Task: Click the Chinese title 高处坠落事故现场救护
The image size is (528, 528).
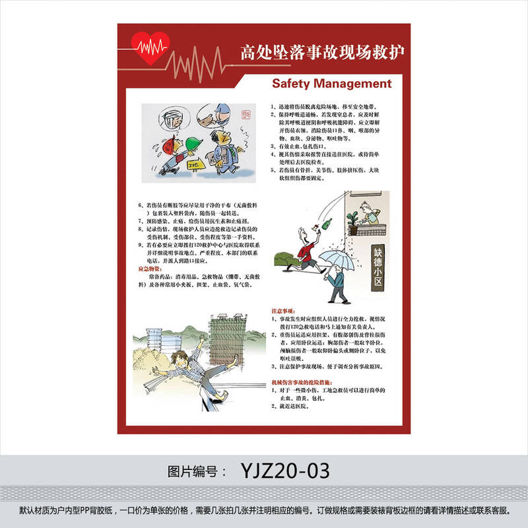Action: (322, 52)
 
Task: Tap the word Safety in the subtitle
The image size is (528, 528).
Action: (292, 84)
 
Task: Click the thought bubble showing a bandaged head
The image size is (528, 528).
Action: (171, 119)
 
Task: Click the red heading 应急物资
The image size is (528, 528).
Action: (149, 269)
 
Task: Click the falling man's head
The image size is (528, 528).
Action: (179, 360)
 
